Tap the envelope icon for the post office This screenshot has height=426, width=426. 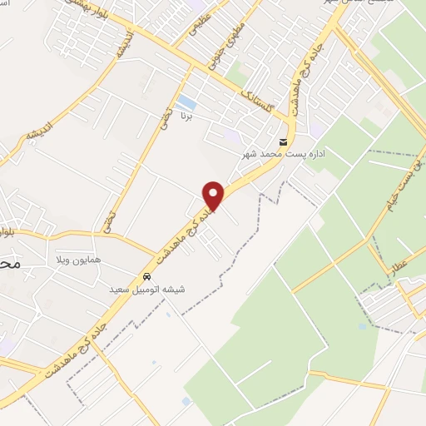[284, 142]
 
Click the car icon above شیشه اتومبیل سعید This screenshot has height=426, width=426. [146, 276]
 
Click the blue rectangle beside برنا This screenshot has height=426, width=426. [187, 104]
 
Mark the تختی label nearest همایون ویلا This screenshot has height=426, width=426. [109, 221]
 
